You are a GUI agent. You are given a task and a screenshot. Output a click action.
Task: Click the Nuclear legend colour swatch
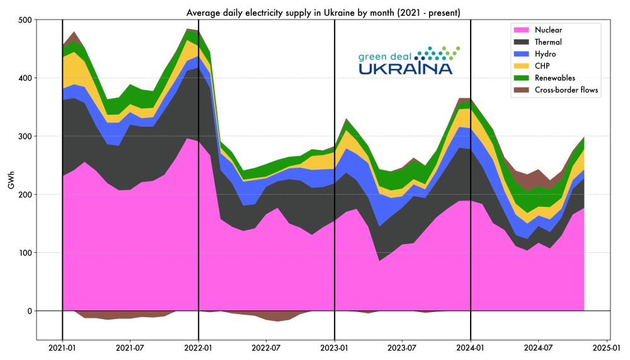tap(522, 30)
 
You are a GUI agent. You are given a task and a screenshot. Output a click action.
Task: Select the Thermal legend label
tap(548, 42)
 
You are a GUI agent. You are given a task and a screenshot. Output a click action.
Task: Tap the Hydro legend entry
tap(546, 54)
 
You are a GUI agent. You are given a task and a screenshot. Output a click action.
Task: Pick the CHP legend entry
tap(542, 66)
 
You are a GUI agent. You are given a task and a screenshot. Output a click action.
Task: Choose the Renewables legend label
tap(554, 78)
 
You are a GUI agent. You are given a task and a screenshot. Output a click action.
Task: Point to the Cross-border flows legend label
tap(566, 90)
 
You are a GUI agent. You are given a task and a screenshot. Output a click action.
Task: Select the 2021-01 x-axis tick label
tap(62, 347)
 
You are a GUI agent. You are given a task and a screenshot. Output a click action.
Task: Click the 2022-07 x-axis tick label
tap(266, 347)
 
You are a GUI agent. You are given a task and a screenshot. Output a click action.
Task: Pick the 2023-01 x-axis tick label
tap(335, 347)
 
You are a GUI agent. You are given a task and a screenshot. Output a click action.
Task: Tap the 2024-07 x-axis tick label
tap(539, 347)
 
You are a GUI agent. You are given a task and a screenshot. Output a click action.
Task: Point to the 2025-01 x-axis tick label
tap(607, 347)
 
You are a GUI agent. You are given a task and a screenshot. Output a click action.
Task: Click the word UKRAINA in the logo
tap(406, 68)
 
